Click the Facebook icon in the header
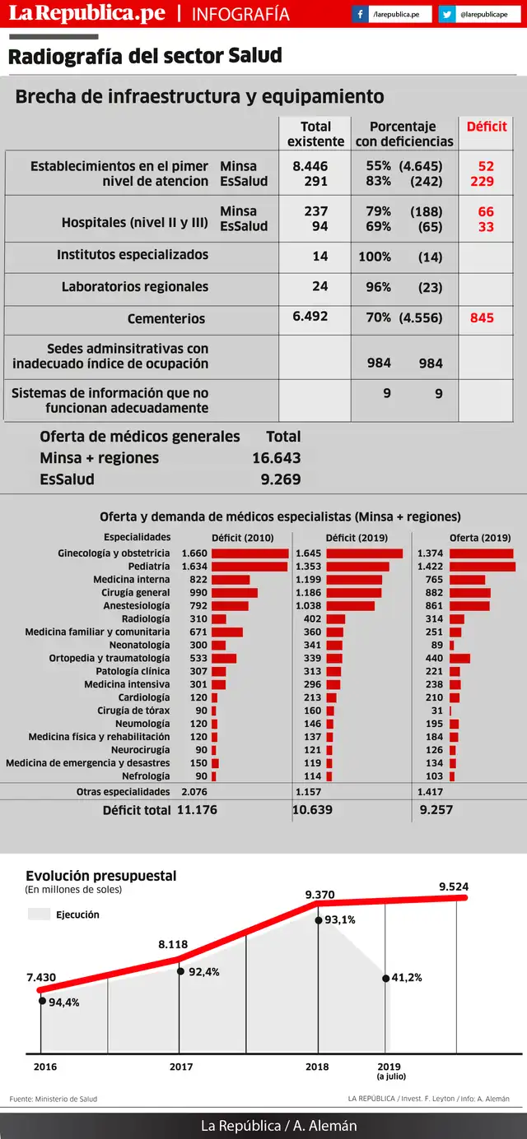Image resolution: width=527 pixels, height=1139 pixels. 360,14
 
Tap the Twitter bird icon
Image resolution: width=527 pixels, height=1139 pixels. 446,14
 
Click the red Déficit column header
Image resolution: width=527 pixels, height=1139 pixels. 487,127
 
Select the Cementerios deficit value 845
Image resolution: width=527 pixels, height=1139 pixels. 482,317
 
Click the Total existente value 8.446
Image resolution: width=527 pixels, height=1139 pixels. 310,166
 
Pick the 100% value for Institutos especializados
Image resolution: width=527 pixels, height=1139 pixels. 375,257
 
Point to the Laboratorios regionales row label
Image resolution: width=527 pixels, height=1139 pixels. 135,287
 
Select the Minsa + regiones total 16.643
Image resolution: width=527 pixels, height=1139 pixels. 277,458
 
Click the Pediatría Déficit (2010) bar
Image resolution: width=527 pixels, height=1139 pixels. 250,567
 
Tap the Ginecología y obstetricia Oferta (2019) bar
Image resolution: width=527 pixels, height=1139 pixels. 481,553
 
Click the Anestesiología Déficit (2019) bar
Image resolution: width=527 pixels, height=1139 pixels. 350,606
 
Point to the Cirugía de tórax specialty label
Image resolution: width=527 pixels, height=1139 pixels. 133,711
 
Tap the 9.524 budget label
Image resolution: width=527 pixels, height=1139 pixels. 454,887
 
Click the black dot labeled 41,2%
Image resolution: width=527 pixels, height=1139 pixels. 385,978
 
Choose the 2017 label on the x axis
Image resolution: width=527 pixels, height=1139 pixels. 181,1067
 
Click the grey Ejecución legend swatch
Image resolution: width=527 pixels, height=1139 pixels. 39,914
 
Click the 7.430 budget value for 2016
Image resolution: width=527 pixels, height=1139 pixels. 41,978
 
